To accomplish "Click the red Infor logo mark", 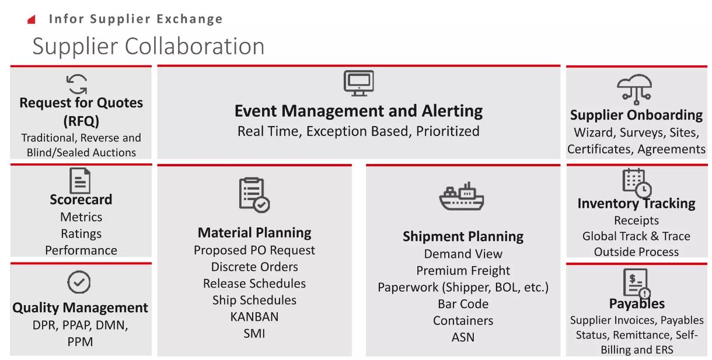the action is pos(32,20).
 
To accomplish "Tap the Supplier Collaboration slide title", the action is pos(148,47).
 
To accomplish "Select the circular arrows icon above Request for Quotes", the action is pos(77,84).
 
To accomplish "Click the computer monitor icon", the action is pos(358,83).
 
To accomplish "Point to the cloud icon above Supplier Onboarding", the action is pos(635,89).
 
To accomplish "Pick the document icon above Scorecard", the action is pos(80,180).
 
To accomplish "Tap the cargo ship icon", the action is pos(462,197).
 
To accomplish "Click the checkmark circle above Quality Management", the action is pos(79,282).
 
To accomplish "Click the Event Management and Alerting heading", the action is pos(358,111).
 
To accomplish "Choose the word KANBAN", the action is pos(254,317).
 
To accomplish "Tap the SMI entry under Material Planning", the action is pos(254,333).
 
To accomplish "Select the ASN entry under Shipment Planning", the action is pos(463,337).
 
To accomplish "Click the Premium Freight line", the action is pos(463,271).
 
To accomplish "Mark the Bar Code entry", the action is pos(463,304).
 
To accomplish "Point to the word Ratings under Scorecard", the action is pos(81,234).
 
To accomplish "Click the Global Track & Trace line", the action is pos(636,236).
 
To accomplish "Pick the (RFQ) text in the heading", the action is pos(81,121).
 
